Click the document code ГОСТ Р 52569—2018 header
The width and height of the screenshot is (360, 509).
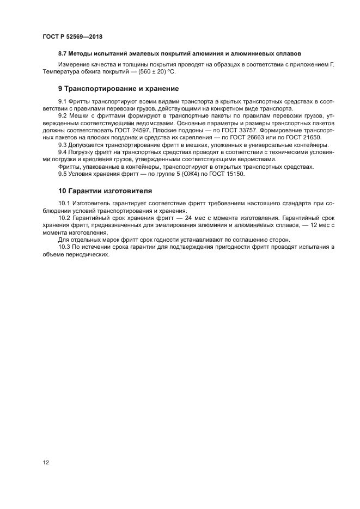click(x=72, y=36)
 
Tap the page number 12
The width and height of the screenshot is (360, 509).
click(x=46, y=462)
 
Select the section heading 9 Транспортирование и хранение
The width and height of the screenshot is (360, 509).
click(x=119, y=88)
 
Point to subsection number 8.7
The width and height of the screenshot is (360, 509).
click(x=64, y=53)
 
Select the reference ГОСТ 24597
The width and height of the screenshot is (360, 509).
click(x=128, y=131)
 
